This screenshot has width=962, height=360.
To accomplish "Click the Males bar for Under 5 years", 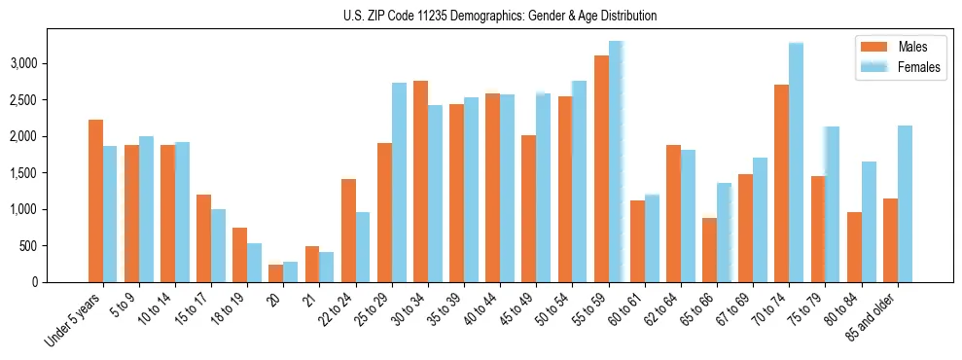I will [x=95, y=201].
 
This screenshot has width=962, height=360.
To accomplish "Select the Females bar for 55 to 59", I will [x=616, y=162].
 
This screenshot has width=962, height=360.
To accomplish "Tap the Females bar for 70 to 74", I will [x=796, y=162].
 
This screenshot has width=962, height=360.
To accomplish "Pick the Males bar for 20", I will [x=275, y=273].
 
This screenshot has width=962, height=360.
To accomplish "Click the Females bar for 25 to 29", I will [x=399, y=183].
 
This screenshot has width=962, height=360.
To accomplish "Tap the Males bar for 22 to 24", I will [x=348, y=231].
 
